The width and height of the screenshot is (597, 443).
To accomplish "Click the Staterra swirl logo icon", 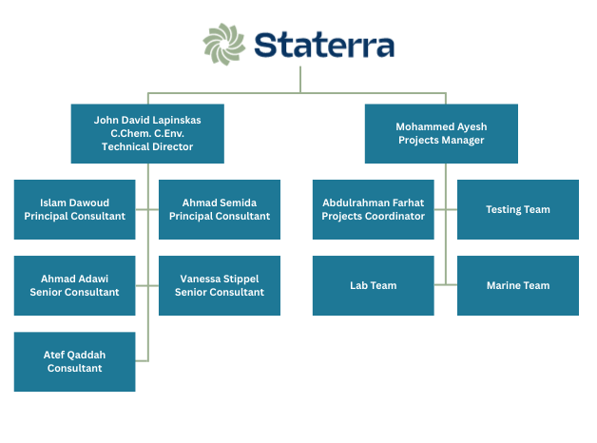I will point(225,45).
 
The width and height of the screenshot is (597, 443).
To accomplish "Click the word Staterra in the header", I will point(324,45).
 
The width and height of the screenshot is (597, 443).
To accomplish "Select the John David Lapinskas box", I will point(147,133).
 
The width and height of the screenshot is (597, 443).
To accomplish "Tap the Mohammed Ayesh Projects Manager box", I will point(441,133).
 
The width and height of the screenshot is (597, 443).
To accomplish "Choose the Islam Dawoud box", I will point(75,209).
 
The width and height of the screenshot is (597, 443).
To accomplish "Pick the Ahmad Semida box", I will point(220,209).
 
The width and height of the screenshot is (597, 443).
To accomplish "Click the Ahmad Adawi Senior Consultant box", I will point(75,285).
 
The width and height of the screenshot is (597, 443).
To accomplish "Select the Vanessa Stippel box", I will point(220,285).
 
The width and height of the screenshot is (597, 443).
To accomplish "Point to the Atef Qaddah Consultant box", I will point(75,361).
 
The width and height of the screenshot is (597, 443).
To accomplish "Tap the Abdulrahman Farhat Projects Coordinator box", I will point(374,209).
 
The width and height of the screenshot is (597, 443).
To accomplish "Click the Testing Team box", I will point(518,209).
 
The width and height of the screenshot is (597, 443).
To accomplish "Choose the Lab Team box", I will point(374,285).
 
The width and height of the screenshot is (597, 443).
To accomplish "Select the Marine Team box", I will point(518,285).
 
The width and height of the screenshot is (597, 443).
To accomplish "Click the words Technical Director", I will point(147,146).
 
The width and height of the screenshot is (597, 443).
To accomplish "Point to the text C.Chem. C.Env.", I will point(147,134).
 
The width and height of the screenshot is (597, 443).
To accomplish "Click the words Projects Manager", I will point(441,140).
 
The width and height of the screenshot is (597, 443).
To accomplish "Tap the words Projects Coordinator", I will point(374,216).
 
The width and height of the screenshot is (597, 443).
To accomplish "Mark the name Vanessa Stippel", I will point(220,279).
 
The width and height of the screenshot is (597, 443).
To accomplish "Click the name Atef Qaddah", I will point(75,355).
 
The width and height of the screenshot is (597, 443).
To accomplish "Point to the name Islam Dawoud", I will point(75,202).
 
